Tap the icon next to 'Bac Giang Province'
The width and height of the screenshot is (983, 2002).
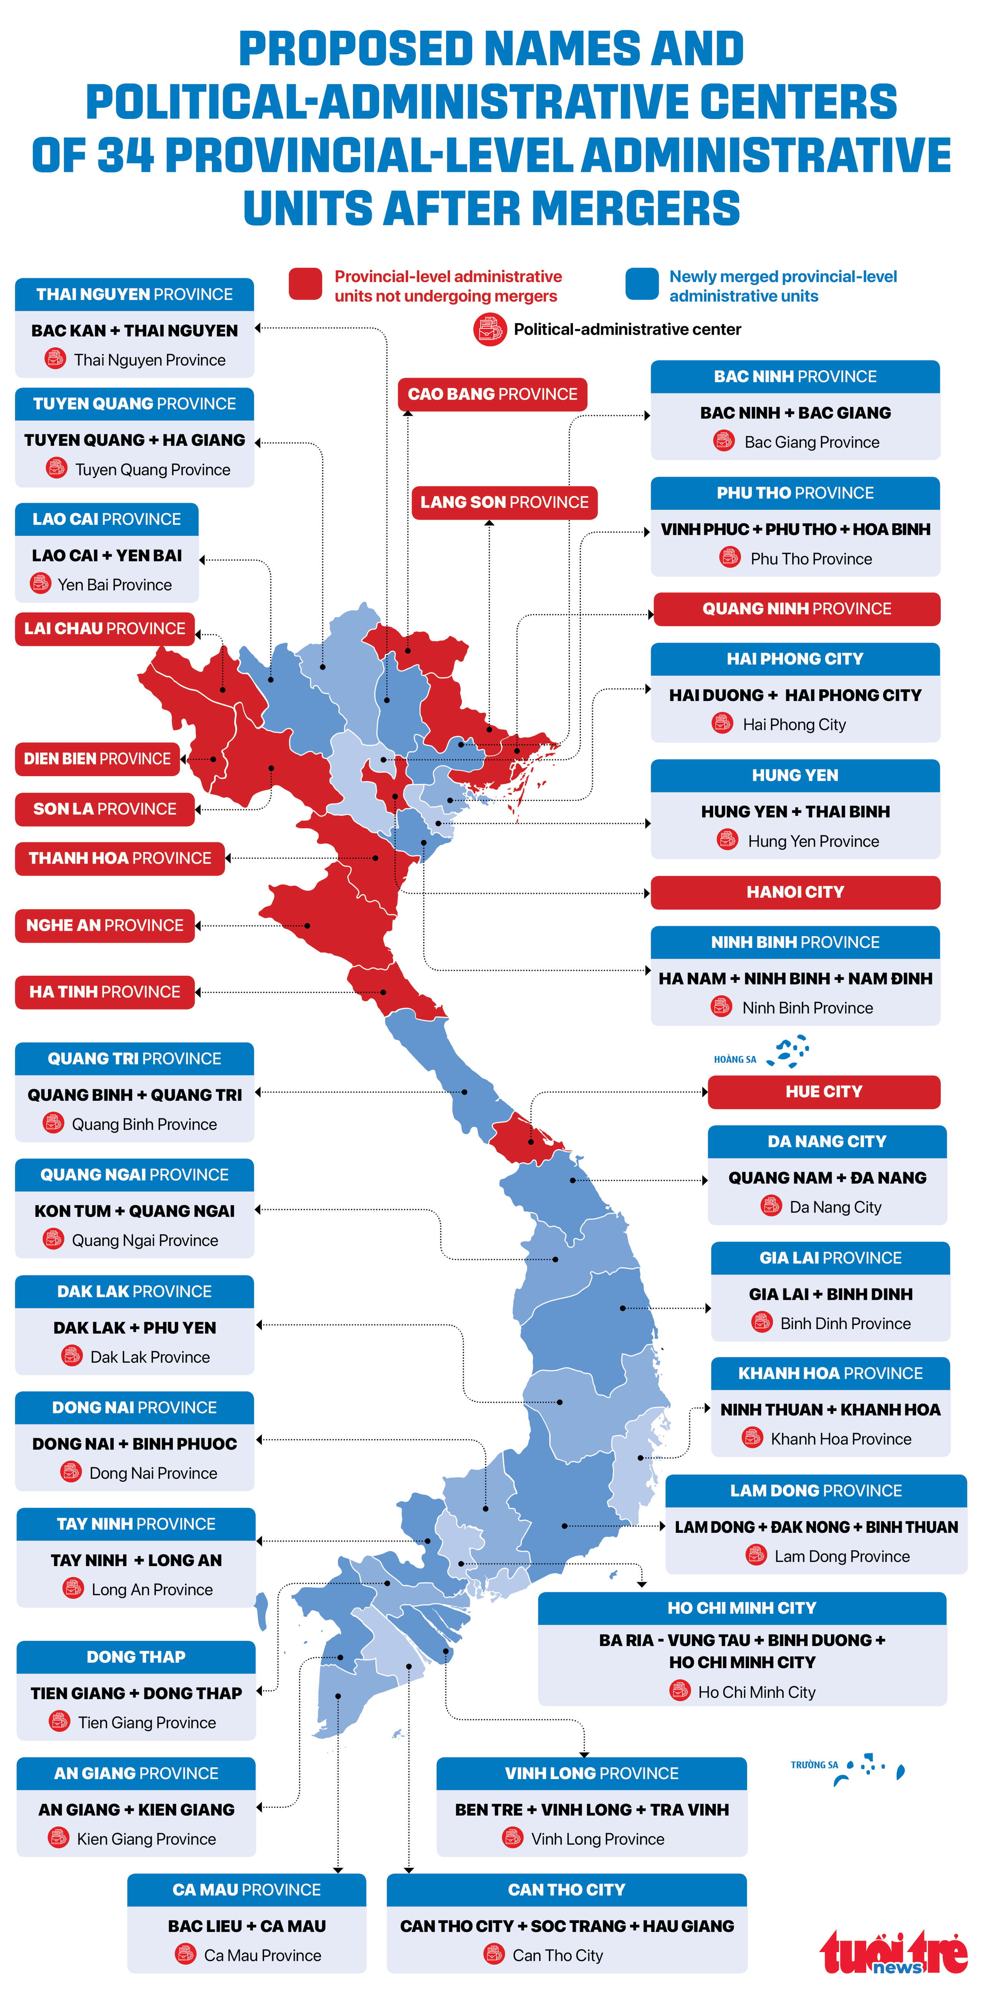coord(723,442)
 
